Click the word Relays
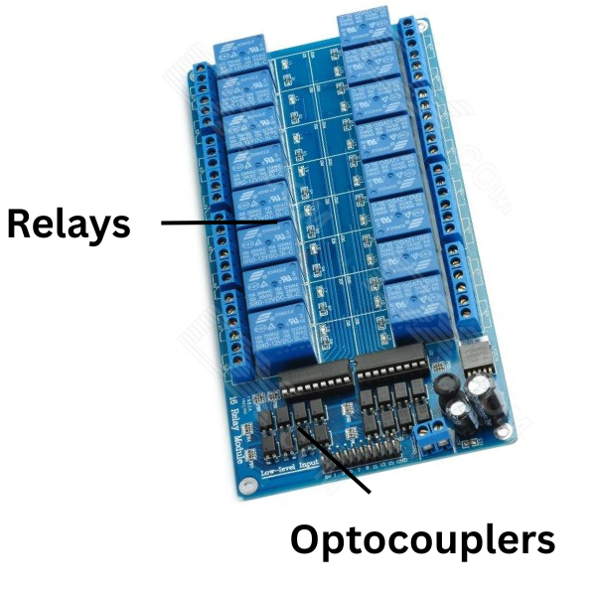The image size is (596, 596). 69,224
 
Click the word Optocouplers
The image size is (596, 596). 422,540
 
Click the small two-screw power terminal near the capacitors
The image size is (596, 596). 433,438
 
